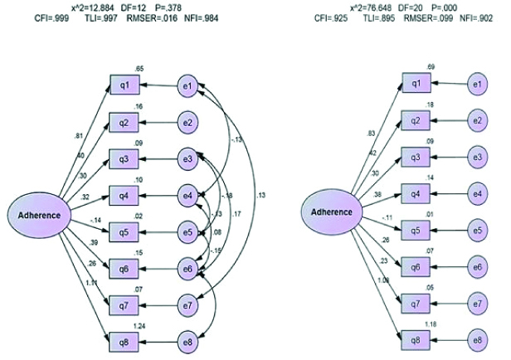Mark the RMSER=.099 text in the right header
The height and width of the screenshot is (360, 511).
436,17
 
